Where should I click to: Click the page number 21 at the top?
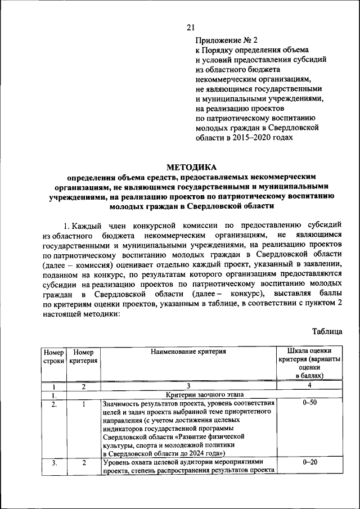pyautogui.click(x=190, y=26)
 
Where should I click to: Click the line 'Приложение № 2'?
pyautogui.click(x=226, y=40)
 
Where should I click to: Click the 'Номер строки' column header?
pyautogui.click(x=53, y=356)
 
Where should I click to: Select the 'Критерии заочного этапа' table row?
pyautogui.click(x=188, y=395)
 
